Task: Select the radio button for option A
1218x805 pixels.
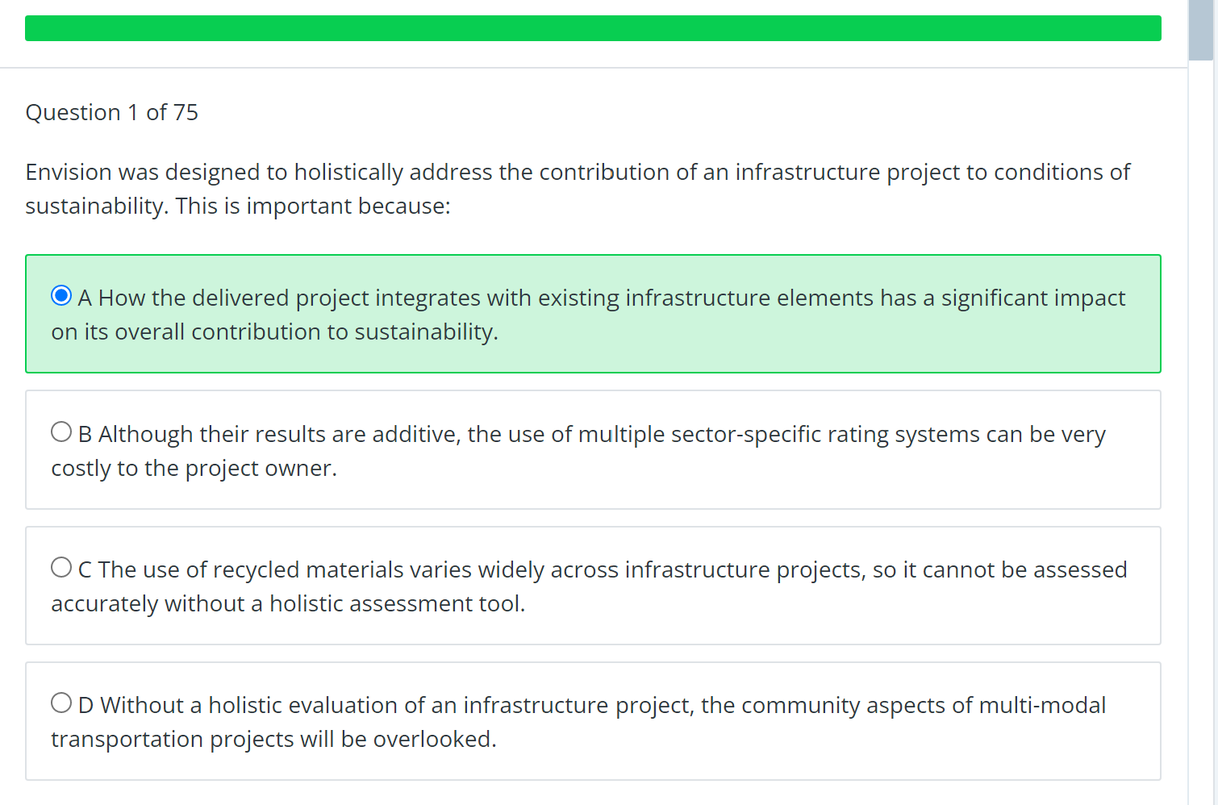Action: [61, 296]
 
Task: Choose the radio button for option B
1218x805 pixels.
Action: [61, 432]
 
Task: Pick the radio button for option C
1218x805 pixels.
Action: [61, 568]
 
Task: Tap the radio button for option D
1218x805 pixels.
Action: [61, 703]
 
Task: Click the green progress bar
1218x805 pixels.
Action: [593, 28]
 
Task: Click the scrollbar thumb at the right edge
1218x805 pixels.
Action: [1201, 31]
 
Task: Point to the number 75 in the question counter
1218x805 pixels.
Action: [186, 113]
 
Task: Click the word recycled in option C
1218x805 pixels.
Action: [256, 570]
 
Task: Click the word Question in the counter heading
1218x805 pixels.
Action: [73, 113]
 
